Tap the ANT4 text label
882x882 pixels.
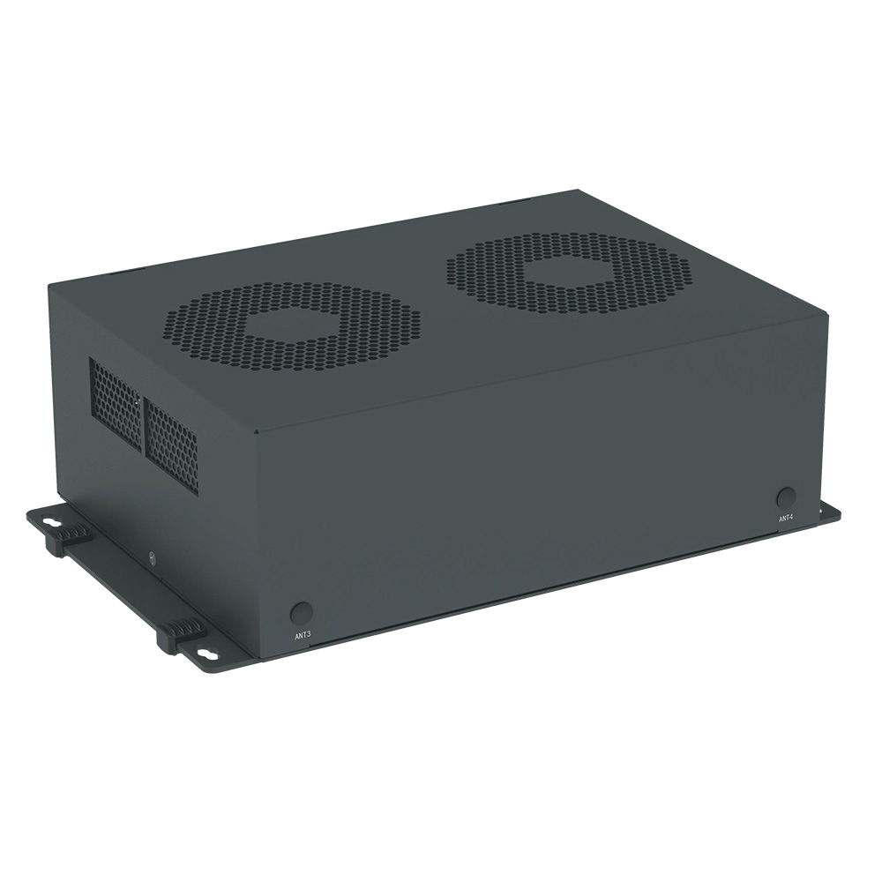point(786,519)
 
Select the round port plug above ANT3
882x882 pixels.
point(301,612)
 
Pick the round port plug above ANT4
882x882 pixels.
point(786,497)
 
